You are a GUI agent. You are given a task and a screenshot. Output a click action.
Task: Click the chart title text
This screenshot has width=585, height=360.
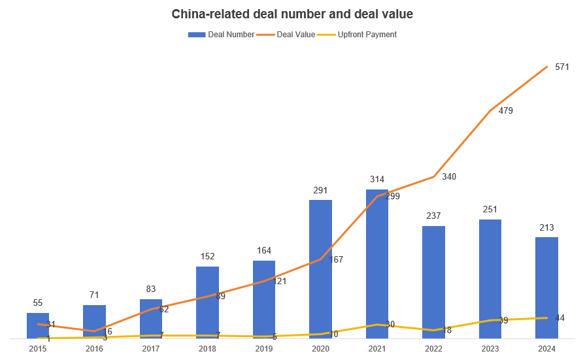[292, 14]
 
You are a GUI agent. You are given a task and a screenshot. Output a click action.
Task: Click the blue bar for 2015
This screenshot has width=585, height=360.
[38, 325]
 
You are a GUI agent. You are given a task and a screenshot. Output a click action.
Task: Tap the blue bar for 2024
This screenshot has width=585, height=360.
[546, 287]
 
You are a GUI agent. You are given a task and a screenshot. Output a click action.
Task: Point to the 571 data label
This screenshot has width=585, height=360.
[562, 67]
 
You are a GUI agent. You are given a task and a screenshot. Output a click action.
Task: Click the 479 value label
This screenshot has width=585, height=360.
[505, 110]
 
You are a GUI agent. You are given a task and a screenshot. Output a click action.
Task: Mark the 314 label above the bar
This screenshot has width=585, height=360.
[377, 179]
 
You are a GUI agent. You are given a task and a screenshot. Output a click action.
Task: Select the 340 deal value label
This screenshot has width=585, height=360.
[449, 176]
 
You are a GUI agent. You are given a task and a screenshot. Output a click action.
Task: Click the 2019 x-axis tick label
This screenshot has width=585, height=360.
[264, 350]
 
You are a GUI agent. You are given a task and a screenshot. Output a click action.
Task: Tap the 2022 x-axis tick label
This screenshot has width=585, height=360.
[433, 350]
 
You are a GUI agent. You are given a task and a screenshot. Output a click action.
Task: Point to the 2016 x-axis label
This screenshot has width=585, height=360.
[94, 350]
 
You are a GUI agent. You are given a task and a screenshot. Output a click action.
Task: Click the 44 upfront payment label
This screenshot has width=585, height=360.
[560, 318]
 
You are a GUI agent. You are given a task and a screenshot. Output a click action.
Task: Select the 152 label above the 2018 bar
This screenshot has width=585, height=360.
[207, 256]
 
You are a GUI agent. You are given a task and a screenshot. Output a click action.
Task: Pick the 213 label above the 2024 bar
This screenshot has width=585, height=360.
[546, 227]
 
